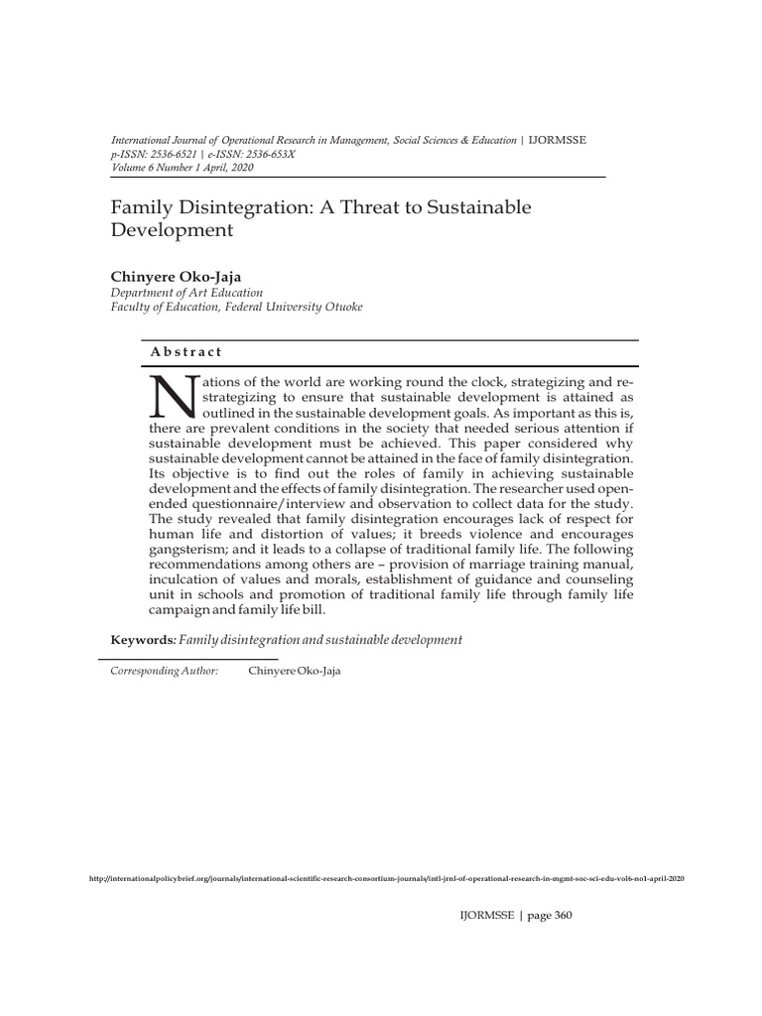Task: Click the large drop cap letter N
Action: (173, 396)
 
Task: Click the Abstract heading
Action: (187, 352)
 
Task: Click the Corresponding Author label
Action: (164, 671)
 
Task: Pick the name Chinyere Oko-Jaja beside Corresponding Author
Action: (294, 671)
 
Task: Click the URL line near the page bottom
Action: (386, 879)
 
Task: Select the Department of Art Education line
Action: (187, 293)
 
